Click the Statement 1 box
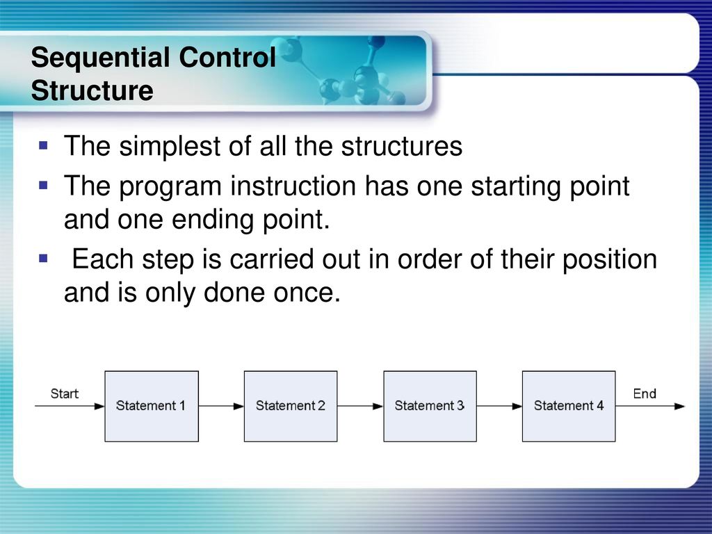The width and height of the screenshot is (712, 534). pyautogui.click(x=152, y=406)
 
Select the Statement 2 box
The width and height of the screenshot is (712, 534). pyautogui.click(x=291, y=406)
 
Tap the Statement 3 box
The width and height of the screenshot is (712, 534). pyautogui.click(x=430, y=406)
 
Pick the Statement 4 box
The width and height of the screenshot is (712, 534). pyautogui.click(x=569, y=406)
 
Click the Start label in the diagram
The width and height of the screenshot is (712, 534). pyautogui.click(x=65, y=394)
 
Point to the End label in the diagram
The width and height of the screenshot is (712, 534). pyautogui.click(x=645, y=394)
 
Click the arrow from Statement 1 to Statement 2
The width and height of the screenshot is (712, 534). pyautogui.click(x=221, y=406)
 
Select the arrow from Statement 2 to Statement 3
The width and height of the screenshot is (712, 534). pyautogui.click(x=360, y=406)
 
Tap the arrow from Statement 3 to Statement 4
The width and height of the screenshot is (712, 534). pyautogui.click(x=499, y=406)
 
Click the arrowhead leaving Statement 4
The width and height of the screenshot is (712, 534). pyautogui.click(x=679, y=406)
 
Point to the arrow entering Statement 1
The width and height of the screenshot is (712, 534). pyautogui.click(x=70, y=406)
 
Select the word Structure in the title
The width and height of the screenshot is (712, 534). pyautogui.click(x=92, y=90)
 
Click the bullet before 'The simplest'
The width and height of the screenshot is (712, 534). pyautogui.click(x=44, y=145)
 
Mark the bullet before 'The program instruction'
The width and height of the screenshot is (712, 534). pyautogui.click(x=44, y=185)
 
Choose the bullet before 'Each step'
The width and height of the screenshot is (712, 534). pyautogui.click(x=44, y=259)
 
